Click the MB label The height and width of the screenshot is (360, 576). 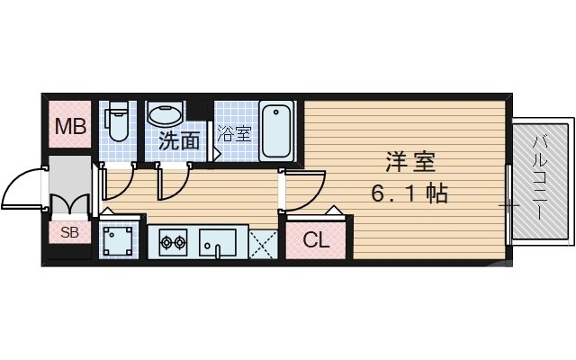[x=69, y=127]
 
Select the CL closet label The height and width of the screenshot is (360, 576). [x=315, y=240]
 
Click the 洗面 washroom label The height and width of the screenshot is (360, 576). [x=179, y=140]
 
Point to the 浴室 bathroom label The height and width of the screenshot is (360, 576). [x=234, y=135]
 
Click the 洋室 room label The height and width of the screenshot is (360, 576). [x=410, y=163]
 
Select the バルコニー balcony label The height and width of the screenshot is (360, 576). [x=540, y=179]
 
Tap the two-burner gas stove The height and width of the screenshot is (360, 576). [x=172, y=241]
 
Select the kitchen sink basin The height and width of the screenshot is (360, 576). [x=217, y=242]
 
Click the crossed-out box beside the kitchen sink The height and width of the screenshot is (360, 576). [x=262, y=242]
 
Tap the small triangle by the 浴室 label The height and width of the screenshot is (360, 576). [x=217, y=154]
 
